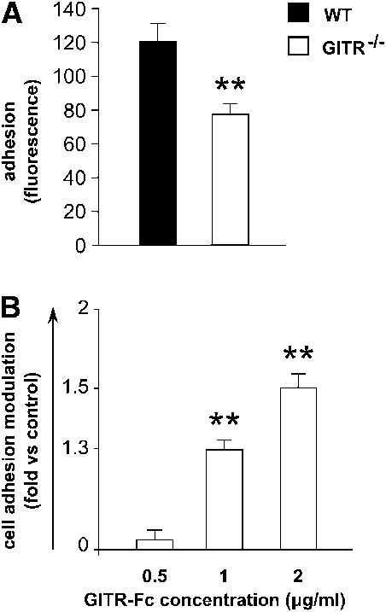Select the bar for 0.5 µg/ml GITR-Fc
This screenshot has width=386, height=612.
pyautogui.click(x=155, y=545)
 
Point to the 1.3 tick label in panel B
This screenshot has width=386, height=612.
pyautogui.click(x=86, y=449)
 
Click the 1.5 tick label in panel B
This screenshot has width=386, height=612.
pyautogui.click(x=86, y=388)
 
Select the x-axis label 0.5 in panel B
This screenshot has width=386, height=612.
pyautogui.click(x=155, y=568)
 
